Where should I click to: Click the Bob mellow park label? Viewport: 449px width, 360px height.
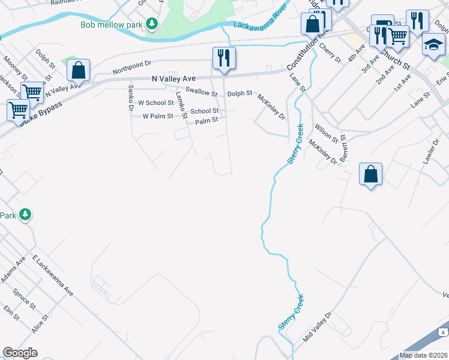(x=113, y=24)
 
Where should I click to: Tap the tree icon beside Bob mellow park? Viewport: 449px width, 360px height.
(x=153, y=24)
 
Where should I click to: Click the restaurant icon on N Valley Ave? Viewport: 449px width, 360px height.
(x=224, y=58)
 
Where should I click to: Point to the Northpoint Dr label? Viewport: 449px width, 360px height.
(x=133, y=66)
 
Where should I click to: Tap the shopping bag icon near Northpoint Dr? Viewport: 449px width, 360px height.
(x=79, y=70)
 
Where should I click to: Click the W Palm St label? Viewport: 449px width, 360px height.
(x=157, y=116)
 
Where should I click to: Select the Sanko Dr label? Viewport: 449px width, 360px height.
(x=130, y=97)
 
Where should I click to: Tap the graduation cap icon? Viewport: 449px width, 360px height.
(x=433, y=44)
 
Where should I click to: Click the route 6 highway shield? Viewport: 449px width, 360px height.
(x=443, y=331)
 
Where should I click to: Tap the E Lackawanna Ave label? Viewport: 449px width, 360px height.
(x=53, y=276)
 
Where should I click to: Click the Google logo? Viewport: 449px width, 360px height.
(x=20, y=353)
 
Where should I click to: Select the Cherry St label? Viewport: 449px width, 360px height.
(x=330, y=53)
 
